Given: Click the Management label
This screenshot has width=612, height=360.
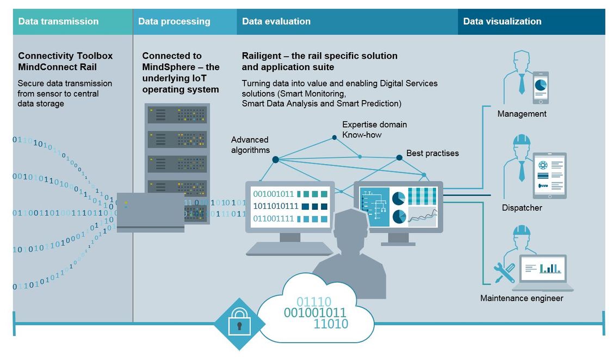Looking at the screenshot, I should pyautogui.click(x=522, y=114).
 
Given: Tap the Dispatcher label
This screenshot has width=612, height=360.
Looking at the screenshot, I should pyautogui.click(x=522, y=208).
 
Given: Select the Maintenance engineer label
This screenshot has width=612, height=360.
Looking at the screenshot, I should pyautogui.click(x=522, y=298).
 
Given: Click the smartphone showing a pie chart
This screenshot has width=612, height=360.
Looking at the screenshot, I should pyautogui.click(x=540, y=88).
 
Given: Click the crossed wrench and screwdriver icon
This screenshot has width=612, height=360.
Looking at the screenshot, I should pyautogui.click(x=504, y=272).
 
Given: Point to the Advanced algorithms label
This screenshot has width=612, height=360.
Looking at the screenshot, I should pyautogui.click(x=250, y=145).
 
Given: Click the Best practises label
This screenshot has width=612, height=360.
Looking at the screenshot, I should pyautogui.click(x=432, y=153).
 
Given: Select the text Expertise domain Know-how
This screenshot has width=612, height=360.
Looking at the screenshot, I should pyautogui.click(x=374, y=129).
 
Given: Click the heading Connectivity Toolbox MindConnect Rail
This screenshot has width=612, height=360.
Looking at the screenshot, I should pyautogui.click(x=65, y=61).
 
